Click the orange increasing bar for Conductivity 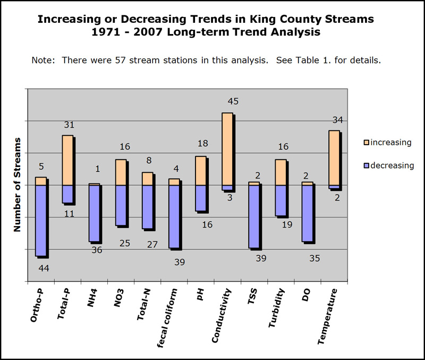pyautogui.click(x=227, y=149)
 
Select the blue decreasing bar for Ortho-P pyautogui.click(x=40, y=220)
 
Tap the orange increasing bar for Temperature pyautogui.click(x=334, y=158)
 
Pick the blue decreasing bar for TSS pyautogui.click(x=254, y=216)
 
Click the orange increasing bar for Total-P pyautogui.click(x=67, y=160)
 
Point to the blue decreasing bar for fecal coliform pyautogui.click(x=174, y=216)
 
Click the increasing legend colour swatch pyautogui.click(x=366, y=143)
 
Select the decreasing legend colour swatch pyautogui.click(x=366, y=165)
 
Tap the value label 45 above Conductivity pyautogui.click(x=233, y=101)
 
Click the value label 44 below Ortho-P pyautogui.click(x=44, y=268)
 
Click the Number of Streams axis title pyautogui.click(x=17, y=185)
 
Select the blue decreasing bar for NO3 pyautogui.click(x=121, y=205)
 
